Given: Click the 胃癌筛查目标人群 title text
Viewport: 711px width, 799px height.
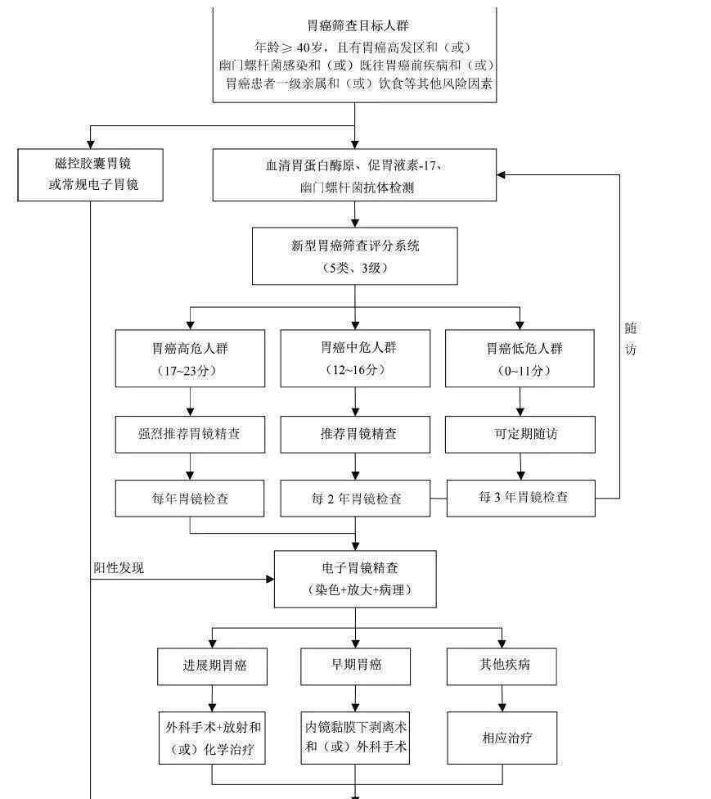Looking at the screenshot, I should click(x=355, y=25).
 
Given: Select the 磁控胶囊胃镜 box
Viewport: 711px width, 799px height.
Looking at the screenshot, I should click(x=91, y=174).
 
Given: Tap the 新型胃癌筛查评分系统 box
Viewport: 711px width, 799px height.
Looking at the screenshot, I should click(x=355, y=256).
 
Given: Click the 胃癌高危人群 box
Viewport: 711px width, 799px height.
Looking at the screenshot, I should click(x=190, y=359).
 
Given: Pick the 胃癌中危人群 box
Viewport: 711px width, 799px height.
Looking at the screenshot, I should click(x=355, y=359).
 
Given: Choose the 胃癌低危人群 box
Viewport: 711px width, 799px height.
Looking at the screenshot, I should click(x=520, y=359).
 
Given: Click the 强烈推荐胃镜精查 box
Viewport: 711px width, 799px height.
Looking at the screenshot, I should click(x=190, y=434).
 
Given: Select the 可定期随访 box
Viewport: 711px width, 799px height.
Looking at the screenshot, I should click(x=520, y=434).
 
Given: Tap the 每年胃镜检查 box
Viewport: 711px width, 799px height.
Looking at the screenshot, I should click(x=190, y=499).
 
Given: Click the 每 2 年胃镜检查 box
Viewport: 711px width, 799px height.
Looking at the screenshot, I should click(x=355, y=499).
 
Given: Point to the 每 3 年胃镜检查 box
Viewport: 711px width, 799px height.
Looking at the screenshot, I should click(x=520, y=497).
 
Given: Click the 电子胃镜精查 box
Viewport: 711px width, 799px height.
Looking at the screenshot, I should click(x=355, y=579).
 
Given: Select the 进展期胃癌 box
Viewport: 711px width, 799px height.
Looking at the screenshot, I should click(x=213, y=666).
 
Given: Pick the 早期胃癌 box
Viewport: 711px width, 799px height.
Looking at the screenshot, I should click(x=355, y=666).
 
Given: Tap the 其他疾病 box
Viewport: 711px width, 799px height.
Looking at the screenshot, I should click(x=502, y=666).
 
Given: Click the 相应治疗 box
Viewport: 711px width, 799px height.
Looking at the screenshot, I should click(x=502, y=738).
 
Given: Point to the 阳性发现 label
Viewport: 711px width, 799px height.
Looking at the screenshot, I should click(x=119, y=567).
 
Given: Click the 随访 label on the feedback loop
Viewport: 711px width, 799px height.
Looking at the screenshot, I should click(x=631, y=338).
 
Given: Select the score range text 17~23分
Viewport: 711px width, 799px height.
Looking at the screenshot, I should click(x=190, y=371).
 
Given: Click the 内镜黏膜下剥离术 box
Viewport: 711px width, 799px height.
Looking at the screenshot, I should click(x=355, y=737).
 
